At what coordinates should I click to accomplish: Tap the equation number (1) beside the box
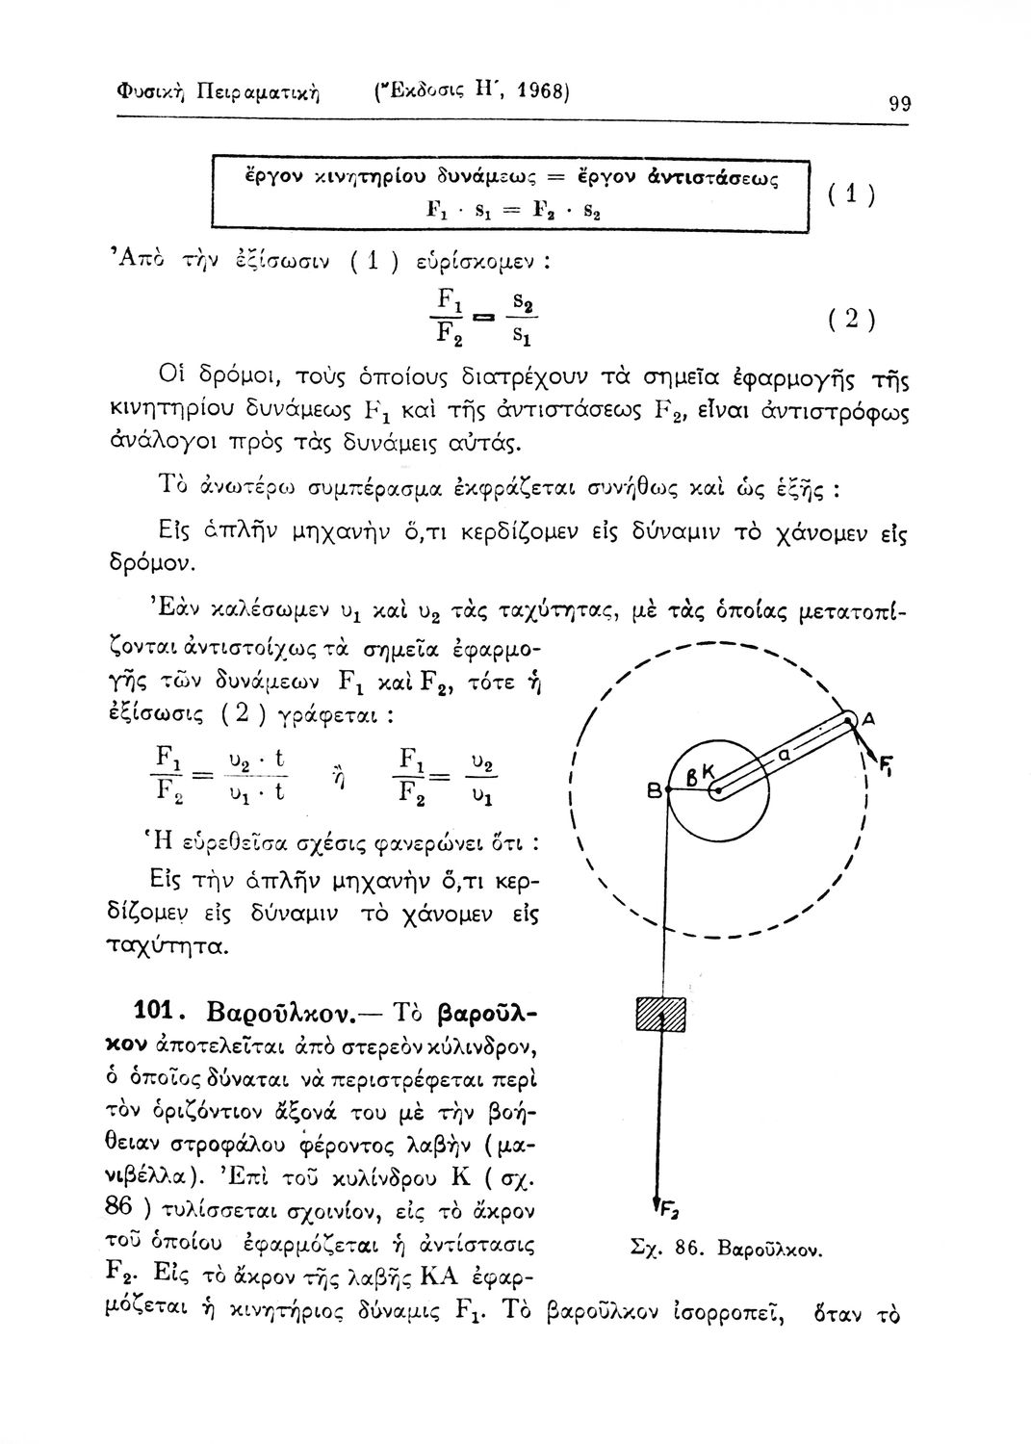click(x=852, y=193)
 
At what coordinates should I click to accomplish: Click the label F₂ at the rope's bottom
click(x=664, y=1206)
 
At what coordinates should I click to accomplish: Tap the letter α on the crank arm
click(x=785, y=759)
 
